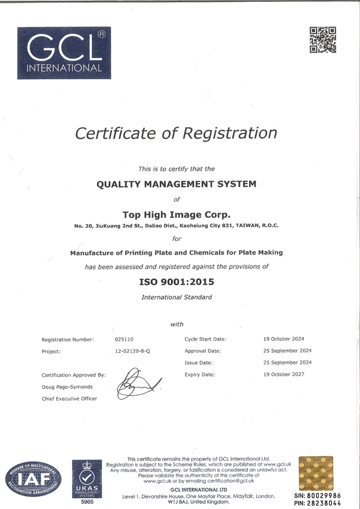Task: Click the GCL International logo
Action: point(64,53)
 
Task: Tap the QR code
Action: point(323,40)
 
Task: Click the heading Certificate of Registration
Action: point(176,133)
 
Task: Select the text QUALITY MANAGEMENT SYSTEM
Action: point(176,184)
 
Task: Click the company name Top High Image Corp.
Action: point(176,214)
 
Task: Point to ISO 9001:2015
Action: point(177,282)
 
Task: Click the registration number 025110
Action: point(124,339)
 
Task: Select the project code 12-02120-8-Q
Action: point(132,352)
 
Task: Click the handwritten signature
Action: point(138,384)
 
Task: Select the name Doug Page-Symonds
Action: point(67,387)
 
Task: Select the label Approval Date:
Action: point(203,351)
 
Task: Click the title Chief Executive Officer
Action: point(69,399)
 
